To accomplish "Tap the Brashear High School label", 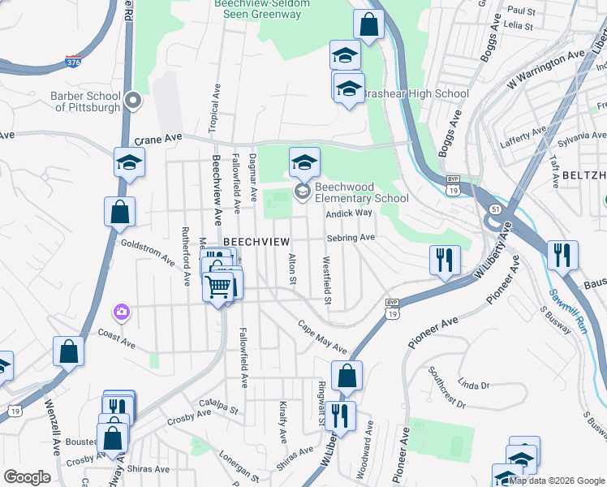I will coord(415,94).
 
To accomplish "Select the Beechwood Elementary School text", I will coord(361,192).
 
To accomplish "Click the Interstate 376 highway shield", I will coord(73,61).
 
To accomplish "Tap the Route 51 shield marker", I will coord(494,209).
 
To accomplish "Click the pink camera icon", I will coord(122,311).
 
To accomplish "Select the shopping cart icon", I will coord(217,287).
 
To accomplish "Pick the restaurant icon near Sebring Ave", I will coord(444,260).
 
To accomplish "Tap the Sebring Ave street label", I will coord(351,238).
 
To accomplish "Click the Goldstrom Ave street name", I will coord(148,252).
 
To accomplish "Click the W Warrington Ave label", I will coord(545,70).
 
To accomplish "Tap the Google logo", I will coord(27,477).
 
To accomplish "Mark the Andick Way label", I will coord(348,213).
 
